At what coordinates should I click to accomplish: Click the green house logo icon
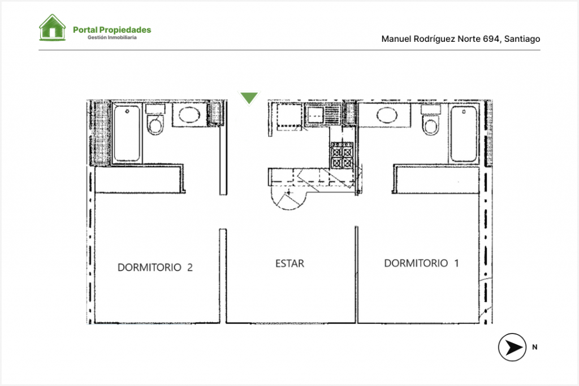53,27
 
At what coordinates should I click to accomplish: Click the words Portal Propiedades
112,30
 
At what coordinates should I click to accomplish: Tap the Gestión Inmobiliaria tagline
112,37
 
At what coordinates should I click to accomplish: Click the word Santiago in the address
522,39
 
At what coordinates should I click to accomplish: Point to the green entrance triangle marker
249,98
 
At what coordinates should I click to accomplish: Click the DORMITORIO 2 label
155,267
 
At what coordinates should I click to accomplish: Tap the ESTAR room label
290,263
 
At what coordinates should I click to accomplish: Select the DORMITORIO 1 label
421,263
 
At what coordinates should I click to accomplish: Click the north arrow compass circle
512,347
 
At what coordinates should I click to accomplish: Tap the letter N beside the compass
535,347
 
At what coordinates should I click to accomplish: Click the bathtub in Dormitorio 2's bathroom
127,133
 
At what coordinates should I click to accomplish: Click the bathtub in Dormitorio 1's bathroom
464,133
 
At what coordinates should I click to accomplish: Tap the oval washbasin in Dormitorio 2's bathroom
189,114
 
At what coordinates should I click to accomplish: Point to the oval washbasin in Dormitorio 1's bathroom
387,114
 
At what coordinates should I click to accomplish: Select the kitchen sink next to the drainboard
316,115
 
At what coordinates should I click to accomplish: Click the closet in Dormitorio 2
140,180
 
